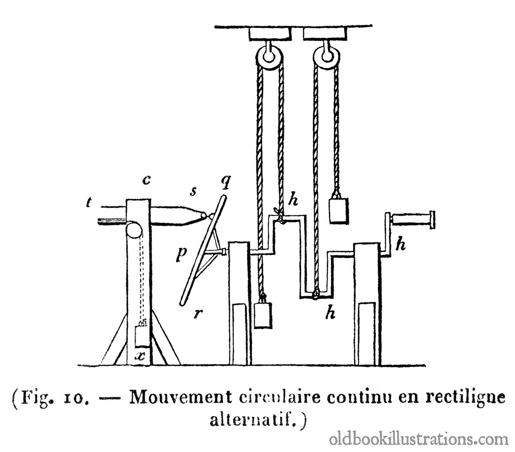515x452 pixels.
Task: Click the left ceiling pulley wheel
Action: (x=269, y=57)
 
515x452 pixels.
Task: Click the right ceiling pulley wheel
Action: (x=327, y=57)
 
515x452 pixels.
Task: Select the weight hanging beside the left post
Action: (x=263, y=315)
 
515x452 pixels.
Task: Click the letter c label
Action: (x=146, y=180)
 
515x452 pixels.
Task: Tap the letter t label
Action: (x=89, y=203)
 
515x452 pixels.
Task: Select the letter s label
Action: (x=193, y=191)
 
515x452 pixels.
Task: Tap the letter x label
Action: (x=139, y=356)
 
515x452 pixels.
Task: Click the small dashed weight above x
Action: (x=142, y=335)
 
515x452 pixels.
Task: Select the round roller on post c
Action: (x=133, y=230)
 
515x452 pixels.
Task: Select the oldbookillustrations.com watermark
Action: (x=418, y=440)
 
